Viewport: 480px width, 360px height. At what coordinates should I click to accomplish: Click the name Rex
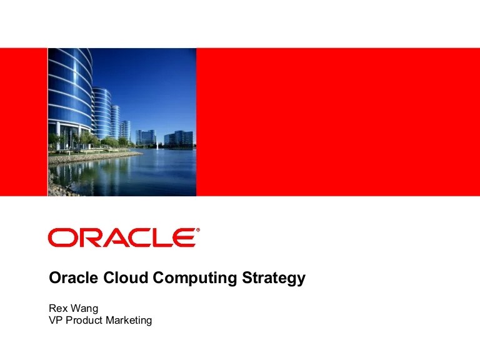[58, 309]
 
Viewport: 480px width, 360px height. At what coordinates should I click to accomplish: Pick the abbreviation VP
[55, 321]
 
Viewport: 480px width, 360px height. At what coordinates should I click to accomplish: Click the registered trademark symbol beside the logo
[198, 230]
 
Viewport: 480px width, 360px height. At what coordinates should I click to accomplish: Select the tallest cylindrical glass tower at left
[69, 94]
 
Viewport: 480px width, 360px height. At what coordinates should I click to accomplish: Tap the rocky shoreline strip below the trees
[87, 157]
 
